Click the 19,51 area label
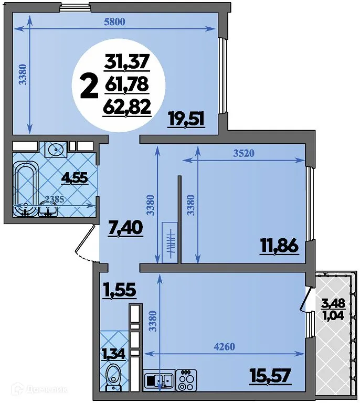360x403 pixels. pos(185,119)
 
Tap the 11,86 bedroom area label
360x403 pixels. pos(279,246)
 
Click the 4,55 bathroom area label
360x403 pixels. pos(75,178)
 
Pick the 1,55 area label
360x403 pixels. pos(120,290)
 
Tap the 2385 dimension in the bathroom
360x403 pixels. pos(55,199)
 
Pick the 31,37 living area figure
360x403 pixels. pos(128,63)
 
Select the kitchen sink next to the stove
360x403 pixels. pos(158,380)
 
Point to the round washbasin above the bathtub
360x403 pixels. pos(55,149)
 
